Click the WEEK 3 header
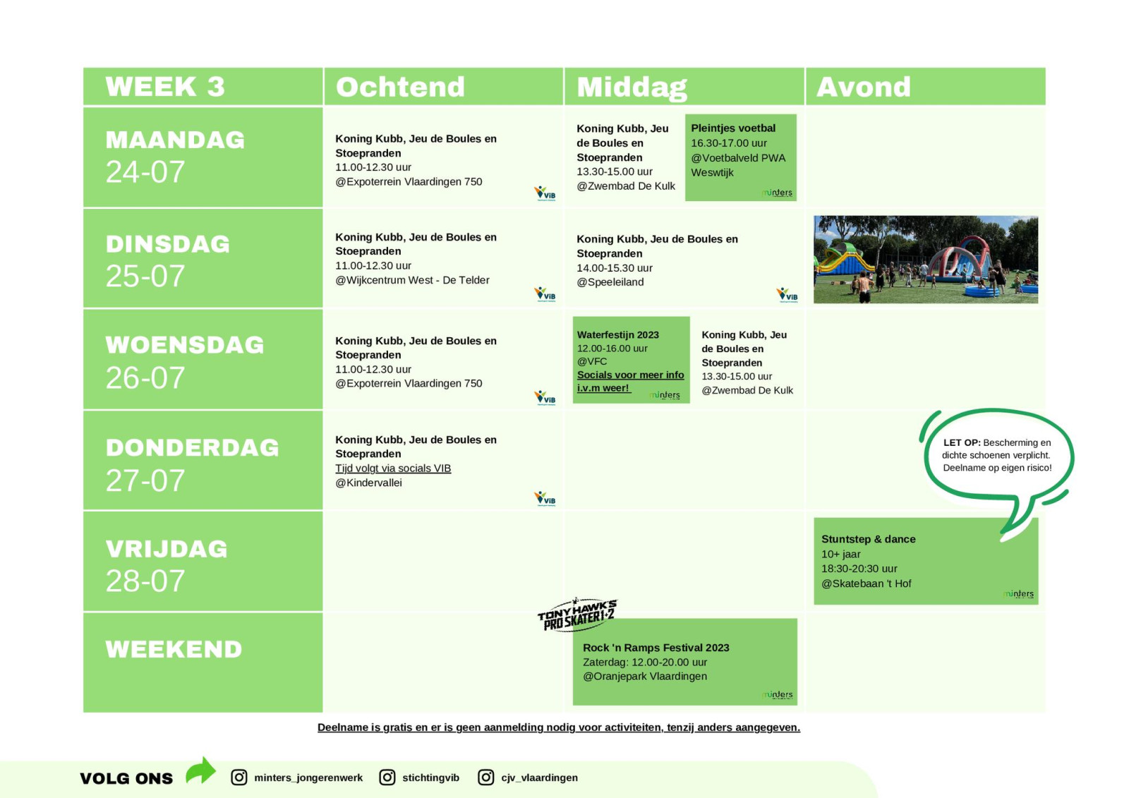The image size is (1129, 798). tap(165, 86)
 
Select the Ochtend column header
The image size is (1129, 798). tap(400, 87)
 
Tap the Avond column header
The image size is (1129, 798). tap(864, 87)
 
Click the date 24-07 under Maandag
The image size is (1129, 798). tap(145, 172)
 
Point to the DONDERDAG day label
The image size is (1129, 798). tap(192, 447)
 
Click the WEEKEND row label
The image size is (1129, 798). tap(174, 649)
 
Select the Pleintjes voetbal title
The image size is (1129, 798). tap(733, 128)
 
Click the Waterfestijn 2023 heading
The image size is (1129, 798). tap(618, 334)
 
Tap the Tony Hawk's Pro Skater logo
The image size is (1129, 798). tap(577, 615)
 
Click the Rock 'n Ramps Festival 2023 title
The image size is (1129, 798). tap(656, 648)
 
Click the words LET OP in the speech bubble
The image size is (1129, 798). tap(962, 442)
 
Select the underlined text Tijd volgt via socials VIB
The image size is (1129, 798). tap(393, 468)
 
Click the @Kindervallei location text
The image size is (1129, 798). tap(368, 483)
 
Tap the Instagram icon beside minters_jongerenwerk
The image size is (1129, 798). tap(239, 778)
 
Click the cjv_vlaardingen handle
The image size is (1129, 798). tap(539, 778)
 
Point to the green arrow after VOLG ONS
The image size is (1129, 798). tap(200, 770)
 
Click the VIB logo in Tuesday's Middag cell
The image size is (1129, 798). tap(787, 295)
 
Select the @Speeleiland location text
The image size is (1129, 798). tap(610, 282)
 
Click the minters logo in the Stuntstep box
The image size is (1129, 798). tap(1018, 594)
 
